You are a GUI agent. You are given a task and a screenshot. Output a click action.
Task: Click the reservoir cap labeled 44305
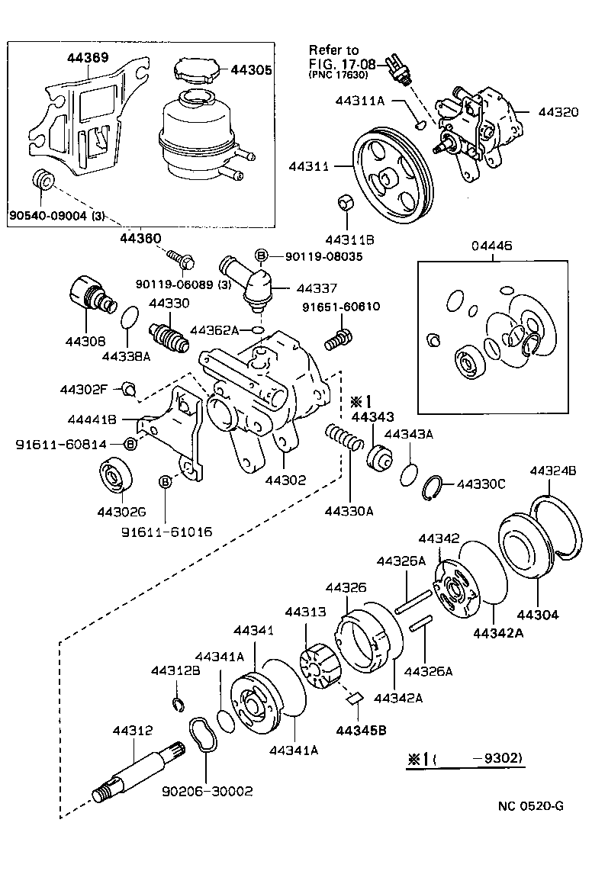(x=195, y=72)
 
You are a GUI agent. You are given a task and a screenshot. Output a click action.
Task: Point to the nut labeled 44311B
(x=344, y=204)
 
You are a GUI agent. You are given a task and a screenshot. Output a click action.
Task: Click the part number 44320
(x=558, y=111)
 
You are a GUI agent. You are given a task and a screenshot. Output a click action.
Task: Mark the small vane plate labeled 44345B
(x=353, y=697)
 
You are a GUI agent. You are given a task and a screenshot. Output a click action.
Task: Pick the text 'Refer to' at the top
(x=333, y=50)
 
